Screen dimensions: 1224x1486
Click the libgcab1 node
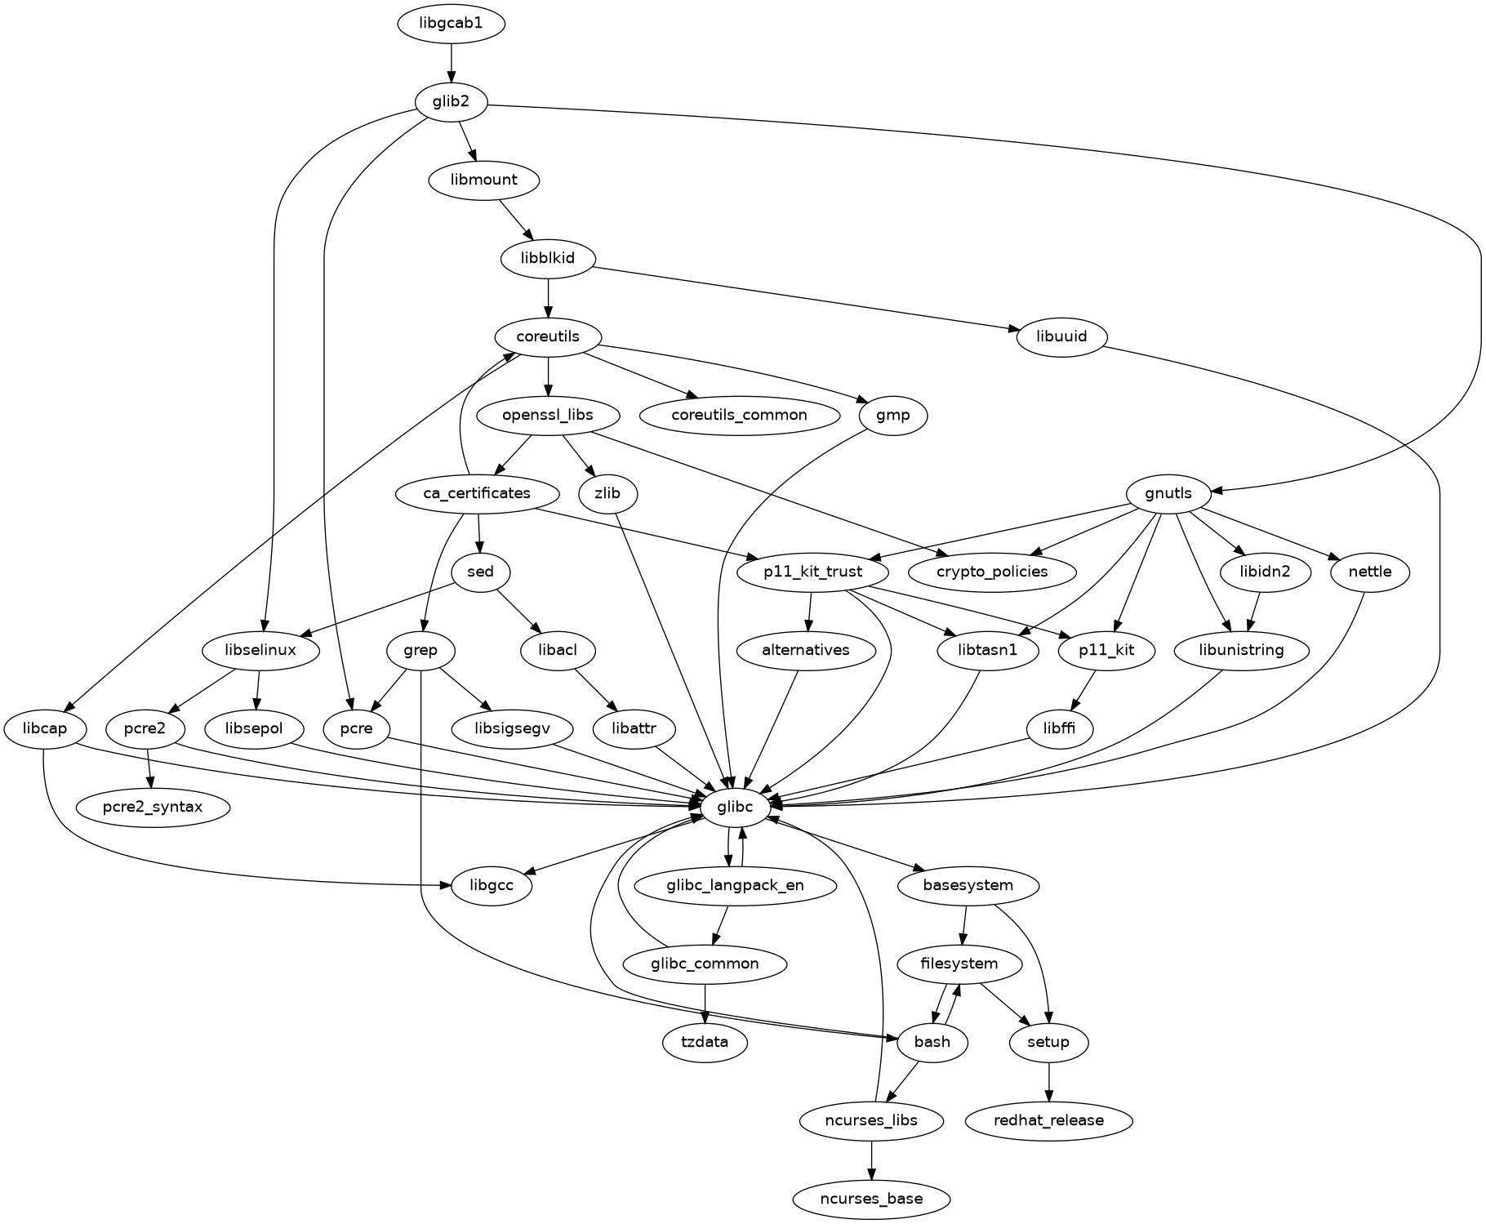[451, 23]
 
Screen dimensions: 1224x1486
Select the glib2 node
[451, 102]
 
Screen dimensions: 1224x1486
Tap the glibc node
[741, 807]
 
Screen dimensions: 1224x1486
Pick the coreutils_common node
[739, 415]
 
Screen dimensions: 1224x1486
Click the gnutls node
[1168, 493]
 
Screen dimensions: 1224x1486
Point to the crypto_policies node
[993, 572]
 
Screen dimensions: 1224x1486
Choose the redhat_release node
[1048, 1120]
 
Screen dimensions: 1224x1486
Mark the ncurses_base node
[871, 1199]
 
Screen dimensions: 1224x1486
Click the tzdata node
[705, 1042]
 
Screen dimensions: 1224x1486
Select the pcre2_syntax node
[153, 807]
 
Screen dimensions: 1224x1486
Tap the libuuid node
[1061, 336]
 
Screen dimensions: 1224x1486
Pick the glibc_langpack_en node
[735, 885]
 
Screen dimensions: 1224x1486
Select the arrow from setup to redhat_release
[1048, 1081]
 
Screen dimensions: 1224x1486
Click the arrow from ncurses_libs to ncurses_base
[871, 1159]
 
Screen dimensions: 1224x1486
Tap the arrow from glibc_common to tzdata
[705, 1004]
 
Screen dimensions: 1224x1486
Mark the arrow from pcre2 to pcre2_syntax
[149, 768]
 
